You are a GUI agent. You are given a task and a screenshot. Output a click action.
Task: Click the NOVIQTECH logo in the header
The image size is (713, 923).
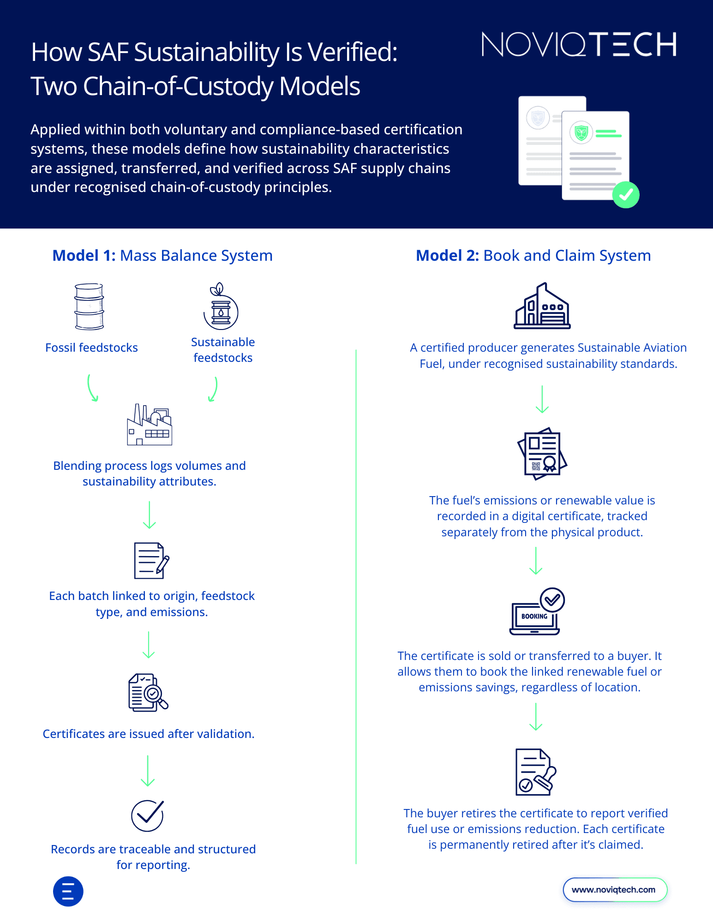tap(579, 45)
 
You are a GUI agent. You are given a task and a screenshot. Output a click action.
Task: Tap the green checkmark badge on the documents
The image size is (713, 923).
tap(625, 195)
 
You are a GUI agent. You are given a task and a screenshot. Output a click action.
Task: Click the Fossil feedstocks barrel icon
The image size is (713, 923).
tap(89, 306)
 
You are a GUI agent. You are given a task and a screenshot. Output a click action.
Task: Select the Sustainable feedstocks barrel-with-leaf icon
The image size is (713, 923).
tap(221, 306)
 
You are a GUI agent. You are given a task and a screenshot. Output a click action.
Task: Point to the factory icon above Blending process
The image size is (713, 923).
tap(150, 425)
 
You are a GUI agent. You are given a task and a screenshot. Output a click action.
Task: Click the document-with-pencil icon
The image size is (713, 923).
tap(151, 560)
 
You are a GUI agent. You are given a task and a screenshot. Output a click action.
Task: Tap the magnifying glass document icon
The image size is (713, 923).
tap(148, 692)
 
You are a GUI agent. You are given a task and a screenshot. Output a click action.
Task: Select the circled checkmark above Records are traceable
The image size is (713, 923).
tap(148, 815)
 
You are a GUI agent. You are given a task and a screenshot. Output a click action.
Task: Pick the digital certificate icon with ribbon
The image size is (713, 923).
tap(542, 453)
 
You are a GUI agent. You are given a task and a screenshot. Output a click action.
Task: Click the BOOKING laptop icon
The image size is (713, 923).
tap(537, 611)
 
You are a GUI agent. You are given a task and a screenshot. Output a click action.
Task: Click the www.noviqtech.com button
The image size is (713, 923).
tap(615, 889)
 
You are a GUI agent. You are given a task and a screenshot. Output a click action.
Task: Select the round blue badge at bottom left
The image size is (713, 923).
tap(68, 891)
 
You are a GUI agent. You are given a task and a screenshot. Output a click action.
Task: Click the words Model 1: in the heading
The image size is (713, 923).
tap(84, 256)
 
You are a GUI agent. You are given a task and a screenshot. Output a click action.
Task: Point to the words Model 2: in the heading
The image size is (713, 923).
tap(447, 256)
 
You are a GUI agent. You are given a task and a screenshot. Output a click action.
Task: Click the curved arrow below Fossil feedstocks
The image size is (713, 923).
tap(92, 388)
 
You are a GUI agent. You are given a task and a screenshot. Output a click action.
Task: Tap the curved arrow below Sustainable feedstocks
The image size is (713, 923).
tap(213, 389)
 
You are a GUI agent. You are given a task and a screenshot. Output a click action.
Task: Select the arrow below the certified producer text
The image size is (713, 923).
tap(542, 399)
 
